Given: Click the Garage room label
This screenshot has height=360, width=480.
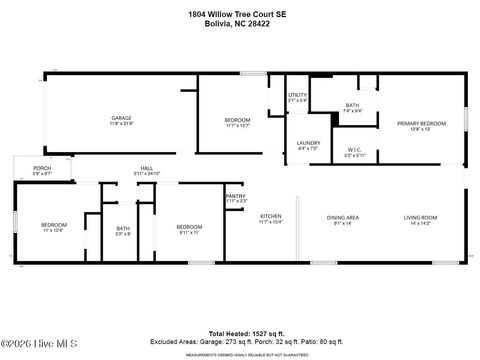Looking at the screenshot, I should pos(121,118).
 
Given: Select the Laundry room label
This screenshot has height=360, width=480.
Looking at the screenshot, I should pos(308,143).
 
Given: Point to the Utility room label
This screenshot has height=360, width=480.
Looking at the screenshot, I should pos(297,95).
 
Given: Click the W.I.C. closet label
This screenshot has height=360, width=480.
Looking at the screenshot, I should pos(355,152).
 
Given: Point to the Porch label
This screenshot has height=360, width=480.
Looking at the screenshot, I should pos(42,168).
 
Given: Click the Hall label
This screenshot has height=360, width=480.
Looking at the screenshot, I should pos(146,168).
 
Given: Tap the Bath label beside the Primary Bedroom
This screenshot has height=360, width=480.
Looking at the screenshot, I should pos(352,105).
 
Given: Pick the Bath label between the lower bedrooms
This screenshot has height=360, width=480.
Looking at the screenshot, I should pos(122,229).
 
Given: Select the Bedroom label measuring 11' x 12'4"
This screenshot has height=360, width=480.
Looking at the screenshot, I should pos(53,226).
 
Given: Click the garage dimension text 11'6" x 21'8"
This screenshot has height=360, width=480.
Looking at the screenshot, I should pos(121,124).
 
